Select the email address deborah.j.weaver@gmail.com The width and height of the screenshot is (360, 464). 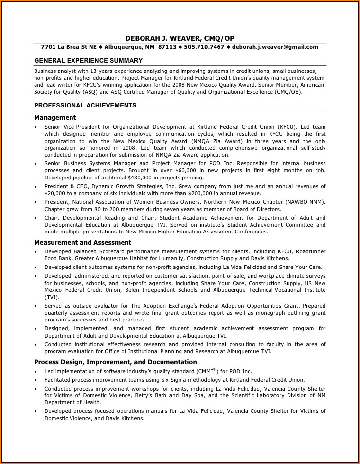[275, 47]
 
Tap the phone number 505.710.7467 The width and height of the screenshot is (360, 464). [204, 47]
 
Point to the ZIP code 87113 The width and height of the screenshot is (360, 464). [167, 47]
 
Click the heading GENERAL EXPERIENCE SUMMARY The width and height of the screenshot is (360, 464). [88, 61]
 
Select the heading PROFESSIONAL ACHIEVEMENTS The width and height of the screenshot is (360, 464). [85, 106]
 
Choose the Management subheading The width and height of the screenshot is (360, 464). [55, 117]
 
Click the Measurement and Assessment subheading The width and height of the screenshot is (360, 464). [83, 242]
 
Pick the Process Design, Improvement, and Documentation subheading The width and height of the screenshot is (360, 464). [115, 362]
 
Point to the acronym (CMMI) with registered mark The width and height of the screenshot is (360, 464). [207, 371]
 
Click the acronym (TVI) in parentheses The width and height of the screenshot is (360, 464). [52, 297]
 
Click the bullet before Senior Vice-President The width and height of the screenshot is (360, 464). [36, 127]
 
